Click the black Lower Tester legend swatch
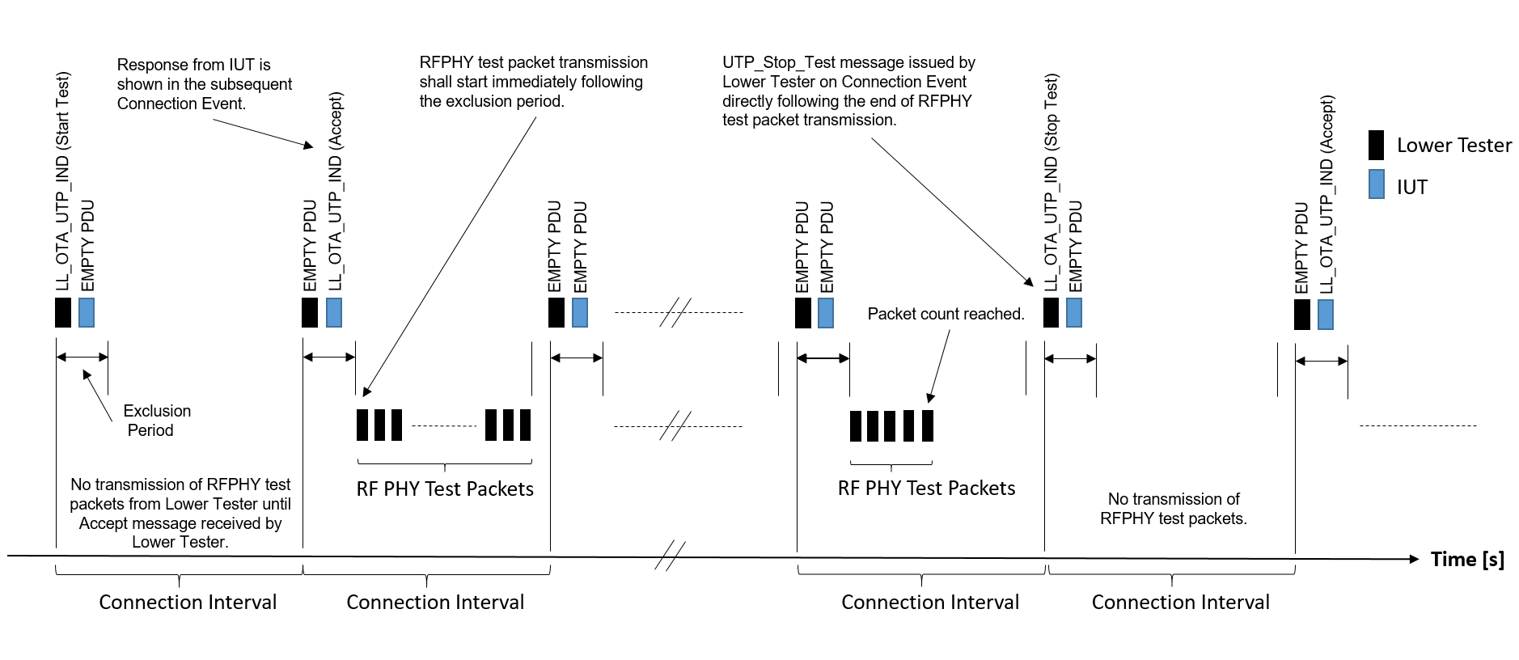pos(1376,145)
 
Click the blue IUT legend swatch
pos(1376,184)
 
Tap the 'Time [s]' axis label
pos(1466,559)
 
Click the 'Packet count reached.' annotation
pos(945,314)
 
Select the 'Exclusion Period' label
pos(156,421)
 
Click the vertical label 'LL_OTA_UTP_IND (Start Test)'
pos(63,181)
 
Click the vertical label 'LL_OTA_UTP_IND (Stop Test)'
pos(1051,182)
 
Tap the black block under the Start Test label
pos(63,312)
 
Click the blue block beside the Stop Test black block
pos(1074,312)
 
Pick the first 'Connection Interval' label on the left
pos(188,603)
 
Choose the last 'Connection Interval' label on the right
pos(1180,603)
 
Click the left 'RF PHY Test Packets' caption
pos(445,489)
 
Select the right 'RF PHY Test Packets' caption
pos(926,489)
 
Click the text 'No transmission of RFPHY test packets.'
pos(1173,509)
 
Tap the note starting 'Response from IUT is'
pos(204,84)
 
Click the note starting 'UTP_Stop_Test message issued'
pos(848,91)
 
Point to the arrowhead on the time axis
pos(1413,559)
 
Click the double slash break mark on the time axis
pos(670,556)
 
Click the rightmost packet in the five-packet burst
pos(928,425)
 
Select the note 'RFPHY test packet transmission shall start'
pos(532,82)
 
